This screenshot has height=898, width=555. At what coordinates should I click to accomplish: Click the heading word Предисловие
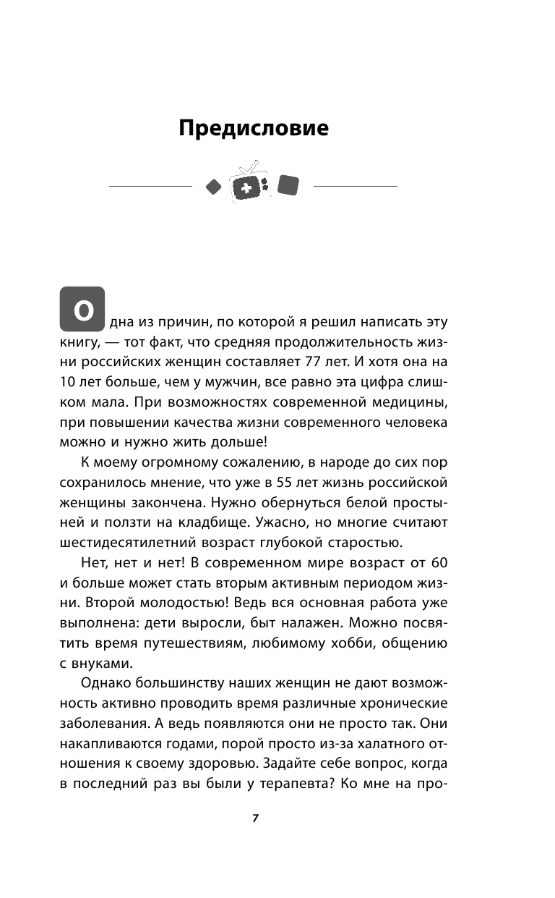[253, 129]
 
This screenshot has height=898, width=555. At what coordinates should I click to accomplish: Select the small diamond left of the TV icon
[212, 187]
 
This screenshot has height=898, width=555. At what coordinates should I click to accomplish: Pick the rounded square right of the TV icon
[288, 185]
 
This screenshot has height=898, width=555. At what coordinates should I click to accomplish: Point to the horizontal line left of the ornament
[150, 187]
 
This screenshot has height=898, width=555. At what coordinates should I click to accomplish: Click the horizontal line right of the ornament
[355, 187]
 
